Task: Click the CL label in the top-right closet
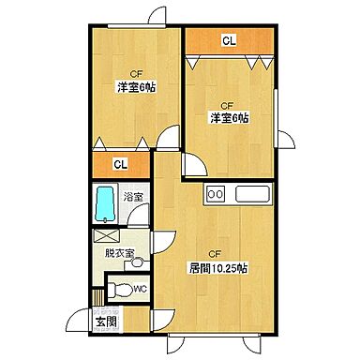click(x=229, y=40)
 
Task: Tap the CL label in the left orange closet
click(x=120, y=165)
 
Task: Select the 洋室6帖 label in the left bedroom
click(x=135, y=87)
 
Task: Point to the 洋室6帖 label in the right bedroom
click(x=229, y=117)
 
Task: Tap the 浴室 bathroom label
click(x=134, y=197)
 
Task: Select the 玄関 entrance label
click(x=106, y=323)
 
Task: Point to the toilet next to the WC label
click(x=115, y=288)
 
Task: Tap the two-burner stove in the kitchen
click(x=216, y=195)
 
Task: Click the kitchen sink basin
click(x=251, y=195)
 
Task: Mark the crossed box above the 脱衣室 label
click(x=106, y=235)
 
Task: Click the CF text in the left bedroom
click(x=135, y=72)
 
